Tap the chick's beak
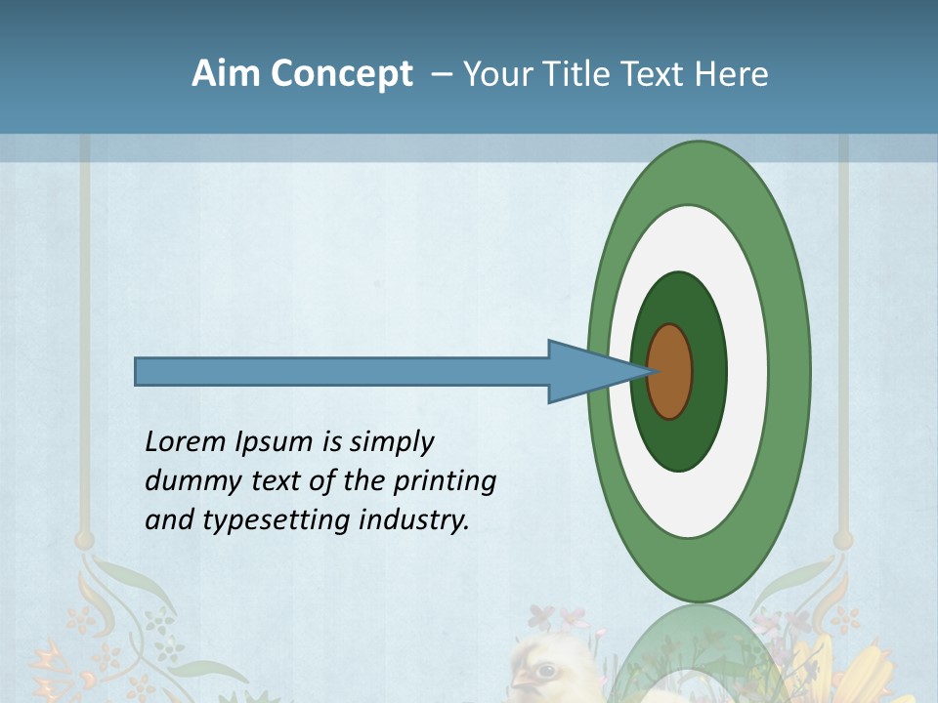tap(521, 678)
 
